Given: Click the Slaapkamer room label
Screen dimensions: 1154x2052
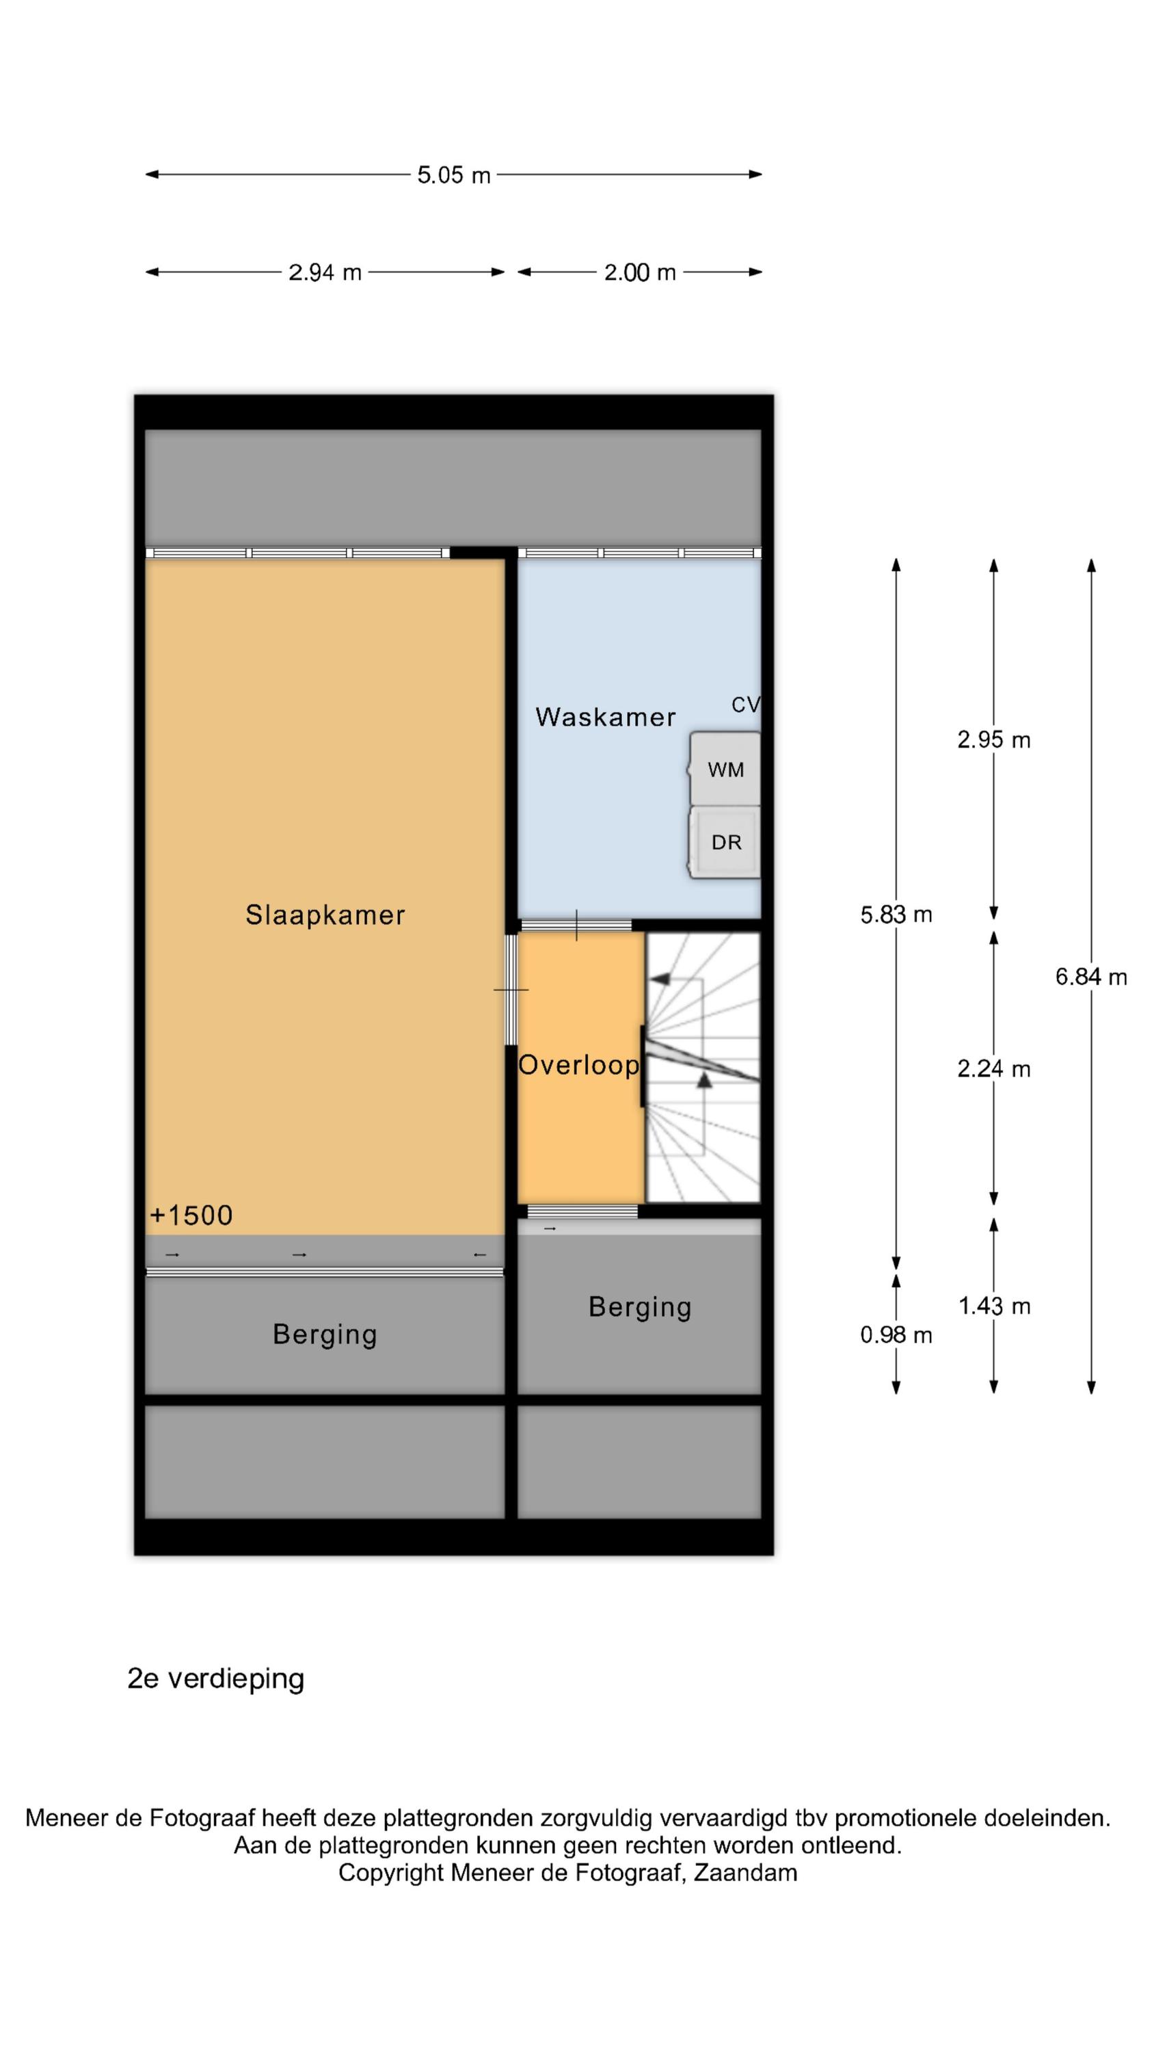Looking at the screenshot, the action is tap(325, 915).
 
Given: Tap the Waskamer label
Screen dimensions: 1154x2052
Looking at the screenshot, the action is tap(605, 717).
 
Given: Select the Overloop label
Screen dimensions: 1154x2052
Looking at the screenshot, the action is tap(579, 1065).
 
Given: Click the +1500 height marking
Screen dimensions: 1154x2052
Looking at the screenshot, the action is tap(191, 1215).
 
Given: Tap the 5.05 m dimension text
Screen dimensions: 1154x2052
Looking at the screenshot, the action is tap(454, 175).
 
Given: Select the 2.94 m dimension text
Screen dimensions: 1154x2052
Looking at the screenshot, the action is tap(325, 272).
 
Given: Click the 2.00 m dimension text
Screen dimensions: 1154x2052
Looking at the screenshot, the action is tap(639, 272).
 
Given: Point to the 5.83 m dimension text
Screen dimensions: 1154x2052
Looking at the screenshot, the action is tap(896, 915).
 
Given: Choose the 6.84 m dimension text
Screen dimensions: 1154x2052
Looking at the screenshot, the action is tap(1091, 977).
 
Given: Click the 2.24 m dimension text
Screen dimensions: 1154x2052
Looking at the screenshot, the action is tap(994, 1069).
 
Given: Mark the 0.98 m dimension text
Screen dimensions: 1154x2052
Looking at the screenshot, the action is tap(896, 1335).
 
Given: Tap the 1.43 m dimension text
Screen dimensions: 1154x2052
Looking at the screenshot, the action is tap(994, 1306).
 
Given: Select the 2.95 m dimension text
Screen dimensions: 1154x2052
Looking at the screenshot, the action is tap(994, 740).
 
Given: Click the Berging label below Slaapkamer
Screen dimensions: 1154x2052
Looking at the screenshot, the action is tap(325, 1335).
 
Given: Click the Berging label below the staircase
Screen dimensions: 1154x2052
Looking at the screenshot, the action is tap(639, 1307).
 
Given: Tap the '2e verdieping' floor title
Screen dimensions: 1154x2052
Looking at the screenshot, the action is tap(216, 1679).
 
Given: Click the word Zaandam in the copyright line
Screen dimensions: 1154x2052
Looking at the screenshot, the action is tap(745, 1872).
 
